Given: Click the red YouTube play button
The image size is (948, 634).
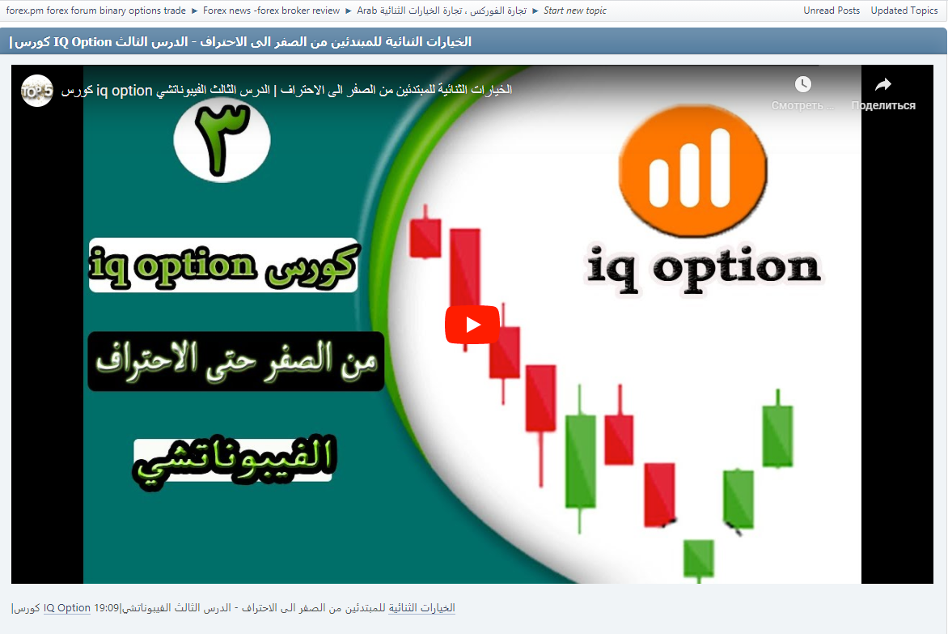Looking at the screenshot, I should (x=472, y=325).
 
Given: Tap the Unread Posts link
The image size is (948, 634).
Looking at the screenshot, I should (x=832, y=11).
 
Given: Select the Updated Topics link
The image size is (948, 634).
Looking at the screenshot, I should (x=904, y=11).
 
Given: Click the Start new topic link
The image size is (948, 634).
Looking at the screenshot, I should (x=575, y=11).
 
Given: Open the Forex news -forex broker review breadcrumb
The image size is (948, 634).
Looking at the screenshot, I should (x=271, y=11).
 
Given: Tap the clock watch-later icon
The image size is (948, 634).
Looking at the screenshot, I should (x=802, y=84).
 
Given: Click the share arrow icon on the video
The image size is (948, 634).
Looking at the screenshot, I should (x=883, y=84).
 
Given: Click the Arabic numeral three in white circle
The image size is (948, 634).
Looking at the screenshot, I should (x=222, y=139).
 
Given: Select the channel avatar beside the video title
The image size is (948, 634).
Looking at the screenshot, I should (x=36, y=91).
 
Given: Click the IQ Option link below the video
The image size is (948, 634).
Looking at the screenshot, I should (x=67, y=608).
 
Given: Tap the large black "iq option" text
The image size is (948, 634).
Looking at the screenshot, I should (x=702, y=267).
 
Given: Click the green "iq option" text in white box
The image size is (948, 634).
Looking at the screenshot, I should (x=174, y=266).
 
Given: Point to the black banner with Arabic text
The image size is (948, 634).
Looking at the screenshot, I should (x=235, y=361).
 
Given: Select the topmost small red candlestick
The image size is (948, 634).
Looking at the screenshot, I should (x=425, y=237).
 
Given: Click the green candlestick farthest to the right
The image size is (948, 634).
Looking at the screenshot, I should (x=777, y=436).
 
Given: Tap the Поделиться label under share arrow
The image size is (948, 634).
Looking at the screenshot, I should (x=883, y=106).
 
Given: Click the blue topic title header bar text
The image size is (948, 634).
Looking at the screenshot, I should (x=240, y=41).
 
